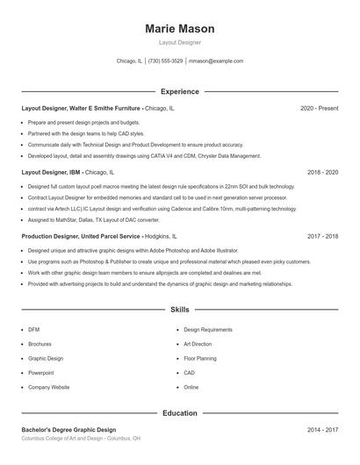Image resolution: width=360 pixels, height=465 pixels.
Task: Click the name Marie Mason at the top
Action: (x=179, y=29)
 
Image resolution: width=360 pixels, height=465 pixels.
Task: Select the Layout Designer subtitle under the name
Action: (x=179, y=42)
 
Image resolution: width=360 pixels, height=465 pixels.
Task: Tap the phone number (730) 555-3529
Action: (x=165, y=61)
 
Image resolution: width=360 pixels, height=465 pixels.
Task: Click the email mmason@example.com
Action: (x=216, y=61)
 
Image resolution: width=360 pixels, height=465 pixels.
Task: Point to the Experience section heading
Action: (x=179, y=91)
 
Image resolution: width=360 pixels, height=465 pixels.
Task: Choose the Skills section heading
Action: (x=179, y=310)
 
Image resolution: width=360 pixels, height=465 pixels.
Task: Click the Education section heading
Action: (x=179, y=412)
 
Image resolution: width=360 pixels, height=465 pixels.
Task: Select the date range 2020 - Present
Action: (x=319, y=108)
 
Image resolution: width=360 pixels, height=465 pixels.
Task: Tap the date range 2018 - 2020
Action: (x=322, y=173)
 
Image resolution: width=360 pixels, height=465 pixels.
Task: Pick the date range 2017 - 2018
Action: (x=322, y=237)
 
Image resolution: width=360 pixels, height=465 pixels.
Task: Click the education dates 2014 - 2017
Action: (x=322, y=430)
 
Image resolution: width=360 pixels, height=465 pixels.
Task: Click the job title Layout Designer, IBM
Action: (x=51, y=173)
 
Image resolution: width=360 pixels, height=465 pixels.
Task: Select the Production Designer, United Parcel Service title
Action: (x=80, y=237)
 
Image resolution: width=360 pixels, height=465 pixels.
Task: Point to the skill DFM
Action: (x=33, y=330)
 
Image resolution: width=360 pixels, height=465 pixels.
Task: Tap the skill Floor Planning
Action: (x=199, y=359)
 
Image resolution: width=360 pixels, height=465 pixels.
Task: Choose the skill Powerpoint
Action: (x=41, y=373)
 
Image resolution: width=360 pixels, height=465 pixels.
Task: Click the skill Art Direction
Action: (x=198, y=344)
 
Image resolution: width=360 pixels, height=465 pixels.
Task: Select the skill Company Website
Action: (x=48, y=387)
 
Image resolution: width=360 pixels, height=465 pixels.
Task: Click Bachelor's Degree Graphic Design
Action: (x=68, y=430)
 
